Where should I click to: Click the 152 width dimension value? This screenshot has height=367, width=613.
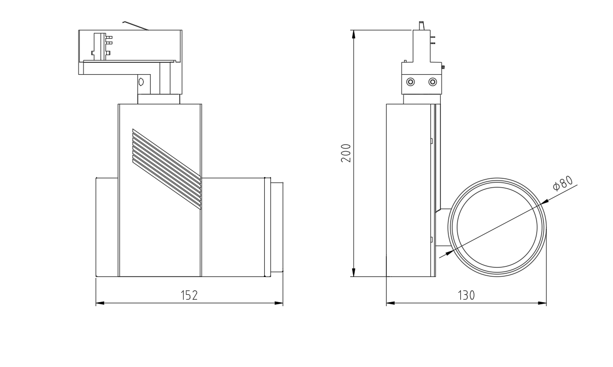click(189, 295)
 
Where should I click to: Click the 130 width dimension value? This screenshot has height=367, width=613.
click(466, 295)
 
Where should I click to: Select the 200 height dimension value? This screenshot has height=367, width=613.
click(346, 153)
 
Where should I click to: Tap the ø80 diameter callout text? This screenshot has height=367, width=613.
click(563, 183)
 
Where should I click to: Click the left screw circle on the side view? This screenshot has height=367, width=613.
click(410, 82)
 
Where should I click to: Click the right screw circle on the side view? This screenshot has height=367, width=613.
click(433, 82)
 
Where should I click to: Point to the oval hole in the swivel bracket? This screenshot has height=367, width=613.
click(141, 82)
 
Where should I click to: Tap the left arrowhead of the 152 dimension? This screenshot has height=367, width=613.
click(100, 303)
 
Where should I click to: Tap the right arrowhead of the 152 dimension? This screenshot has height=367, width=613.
click(279, 303)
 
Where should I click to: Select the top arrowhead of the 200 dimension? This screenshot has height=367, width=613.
click(354, 34)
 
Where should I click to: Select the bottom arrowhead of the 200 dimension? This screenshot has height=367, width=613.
click(354, 272)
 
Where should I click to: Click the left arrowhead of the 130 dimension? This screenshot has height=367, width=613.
click(391, 303)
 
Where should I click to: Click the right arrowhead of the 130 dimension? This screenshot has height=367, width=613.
click(542, 303)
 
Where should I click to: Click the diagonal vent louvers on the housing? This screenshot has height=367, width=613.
click(166, 169)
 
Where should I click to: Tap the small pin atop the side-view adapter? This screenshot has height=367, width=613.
click(422, 26)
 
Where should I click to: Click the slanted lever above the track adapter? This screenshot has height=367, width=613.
click(135, 26)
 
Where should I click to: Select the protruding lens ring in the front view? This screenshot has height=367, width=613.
click(277, 227)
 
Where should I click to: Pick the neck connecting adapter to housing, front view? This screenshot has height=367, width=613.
click(159, 99)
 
